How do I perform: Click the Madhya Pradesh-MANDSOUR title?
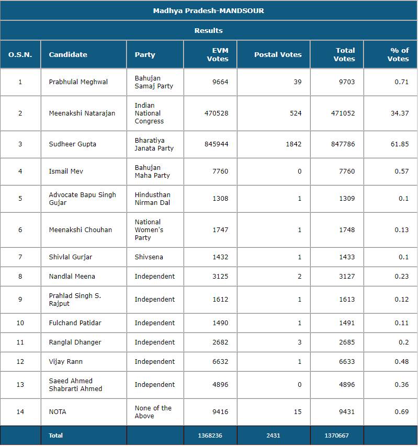pos(208,10)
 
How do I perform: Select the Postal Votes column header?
pos(278,54)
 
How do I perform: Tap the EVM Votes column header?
pos(218,54)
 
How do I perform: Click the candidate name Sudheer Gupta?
pos(73,144)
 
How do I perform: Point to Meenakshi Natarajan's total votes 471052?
pos(342,113)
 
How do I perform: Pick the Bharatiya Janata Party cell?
pos(154,144)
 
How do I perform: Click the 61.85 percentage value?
pos(400,144)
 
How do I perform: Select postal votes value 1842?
pos(293,144)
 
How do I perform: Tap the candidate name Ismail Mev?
pos(66,171)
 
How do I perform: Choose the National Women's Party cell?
pos(150,230)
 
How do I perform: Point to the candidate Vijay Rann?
pos(66,362)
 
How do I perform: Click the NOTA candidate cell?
pos(58,412)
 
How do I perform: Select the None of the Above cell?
pos(153,412)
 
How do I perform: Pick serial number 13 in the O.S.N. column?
pos(20,385)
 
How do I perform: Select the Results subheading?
pos(208,30)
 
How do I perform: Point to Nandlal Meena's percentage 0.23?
pos(402,277)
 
